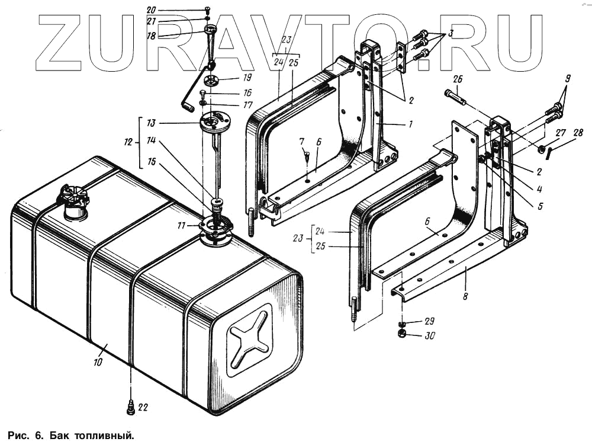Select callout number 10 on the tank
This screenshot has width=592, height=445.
(x=98, y=361)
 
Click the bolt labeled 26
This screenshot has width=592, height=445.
(x=455, y=97)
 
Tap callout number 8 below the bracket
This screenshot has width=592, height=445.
(x=465, y=295)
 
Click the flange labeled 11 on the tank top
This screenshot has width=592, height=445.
(x=215, y=228)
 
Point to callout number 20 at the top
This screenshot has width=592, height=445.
(x=151, y=9)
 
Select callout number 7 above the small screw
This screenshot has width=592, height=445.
(x=301, y=142)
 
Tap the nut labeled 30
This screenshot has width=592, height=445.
(x=401, y=335)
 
